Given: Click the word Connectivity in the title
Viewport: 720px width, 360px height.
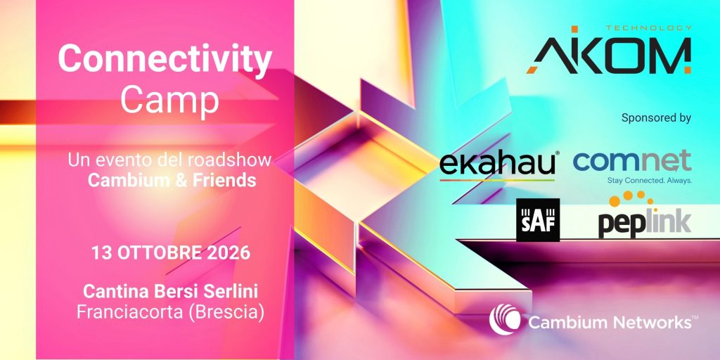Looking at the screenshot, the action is pos(165,60).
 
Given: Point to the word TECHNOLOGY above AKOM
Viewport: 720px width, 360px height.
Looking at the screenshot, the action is pos(648,28).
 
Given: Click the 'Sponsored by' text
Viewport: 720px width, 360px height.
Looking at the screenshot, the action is pos(656,118).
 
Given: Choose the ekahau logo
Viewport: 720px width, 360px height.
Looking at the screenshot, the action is pos(498,165).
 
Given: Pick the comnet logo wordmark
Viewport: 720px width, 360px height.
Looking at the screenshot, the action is pos(633,160).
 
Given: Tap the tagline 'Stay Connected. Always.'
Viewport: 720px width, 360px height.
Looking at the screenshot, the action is pos(649,181).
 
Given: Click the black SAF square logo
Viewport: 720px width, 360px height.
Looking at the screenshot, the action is pos(538,220).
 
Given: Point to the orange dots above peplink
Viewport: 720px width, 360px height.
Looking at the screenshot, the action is pos(631,200).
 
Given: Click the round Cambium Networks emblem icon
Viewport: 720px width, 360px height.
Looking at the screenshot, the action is pos(505,320).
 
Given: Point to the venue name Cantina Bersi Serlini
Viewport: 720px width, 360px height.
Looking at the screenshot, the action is pos(170,291).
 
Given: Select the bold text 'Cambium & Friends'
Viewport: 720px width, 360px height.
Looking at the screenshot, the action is pos(172,181).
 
